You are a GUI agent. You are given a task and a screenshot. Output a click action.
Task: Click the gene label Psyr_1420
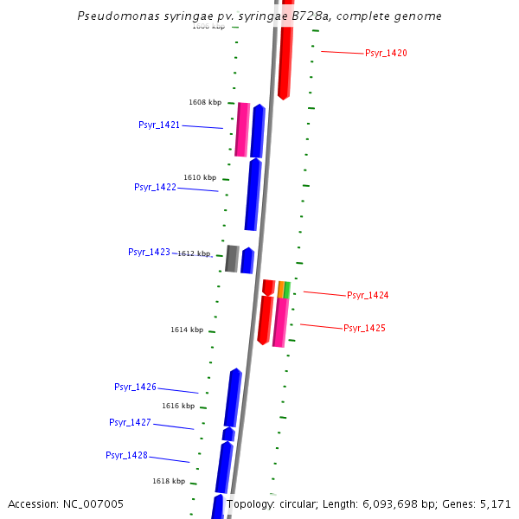click(386, 54)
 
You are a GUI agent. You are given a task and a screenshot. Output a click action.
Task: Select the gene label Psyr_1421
click(159, 125)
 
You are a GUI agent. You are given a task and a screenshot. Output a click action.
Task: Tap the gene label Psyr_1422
click(155, 187)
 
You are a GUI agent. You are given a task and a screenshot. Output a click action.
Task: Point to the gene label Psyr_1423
click(149, 252)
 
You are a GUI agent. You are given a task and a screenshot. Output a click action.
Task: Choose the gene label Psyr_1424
click(368, 296)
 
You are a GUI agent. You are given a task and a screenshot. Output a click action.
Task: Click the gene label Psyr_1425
click(364, 329)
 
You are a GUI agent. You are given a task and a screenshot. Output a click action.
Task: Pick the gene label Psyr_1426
click(135, 387)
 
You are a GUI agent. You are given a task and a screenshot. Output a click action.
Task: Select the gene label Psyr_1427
click(130, 422)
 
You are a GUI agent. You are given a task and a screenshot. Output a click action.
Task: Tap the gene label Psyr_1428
click(126, 455)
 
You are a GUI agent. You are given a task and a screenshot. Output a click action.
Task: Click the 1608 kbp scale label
click(205, 102)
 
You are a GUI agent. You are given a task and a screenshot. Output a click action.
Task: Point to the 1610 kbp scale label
click(200, 177)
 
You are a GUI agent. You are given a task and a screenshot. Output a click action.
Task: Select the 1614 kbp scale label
click(187, 330)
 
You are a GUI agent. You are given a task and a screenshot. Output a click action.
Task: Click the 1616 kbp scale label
click(178, 406)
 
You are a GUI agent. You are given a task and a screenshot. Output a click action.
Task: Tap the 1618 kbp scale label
click(169, 481)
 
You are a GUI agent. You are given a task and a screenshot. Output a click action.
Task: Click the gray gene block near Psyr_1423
click(232, 259)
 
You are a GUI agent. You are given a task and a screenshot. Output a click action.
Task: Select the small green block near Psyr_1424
click(287, 290)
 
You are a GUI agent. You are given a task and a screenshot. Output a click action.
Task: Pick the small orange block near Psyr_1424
click(281, 289)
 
